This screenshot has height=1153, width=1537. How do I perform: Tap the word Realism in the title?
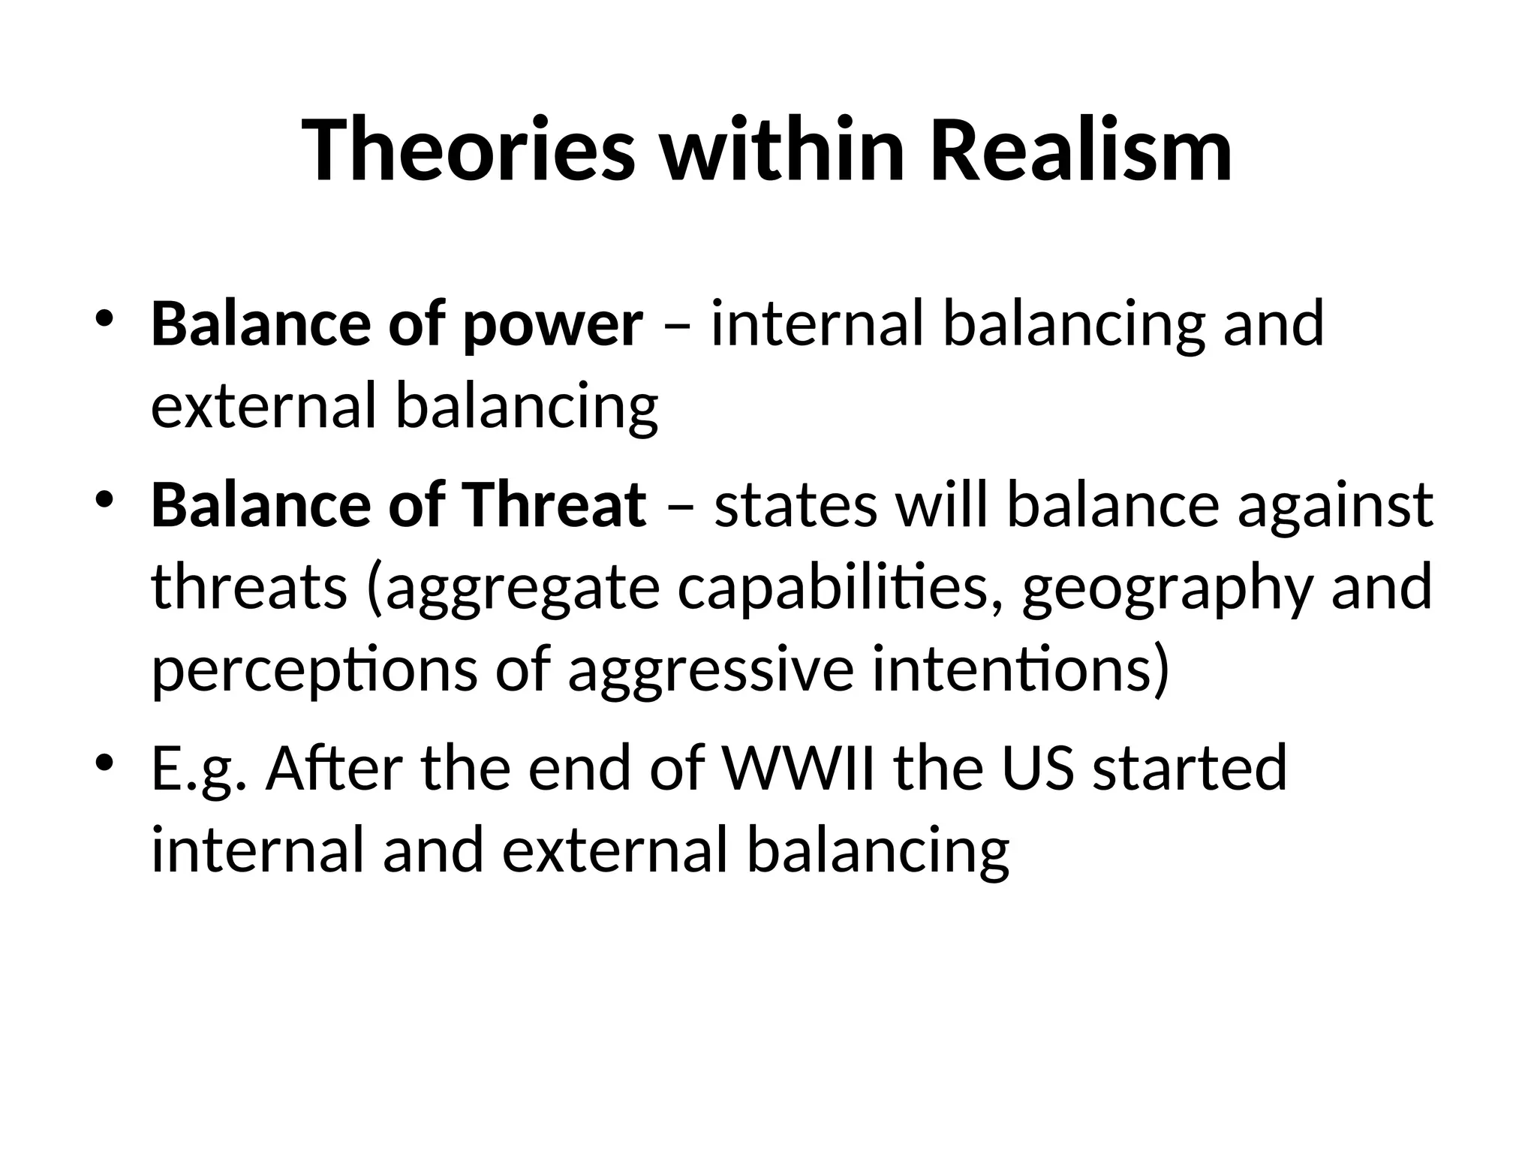(x=1081, y=150)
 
